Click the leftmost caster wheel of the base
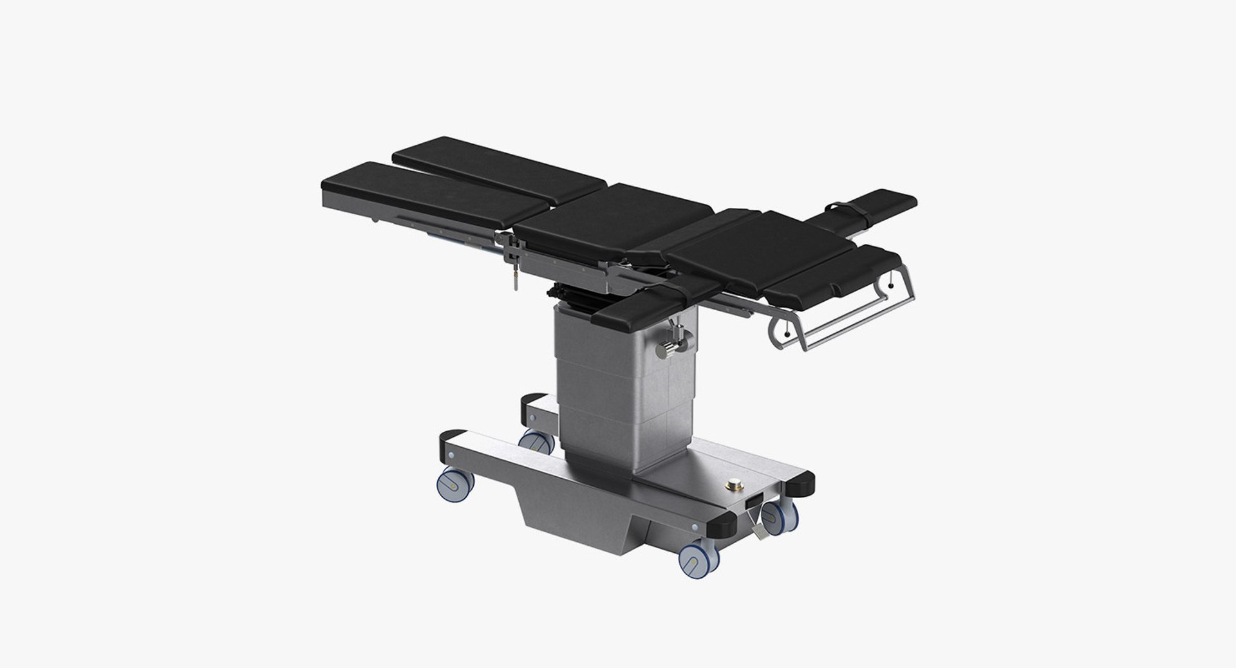coord(454,485)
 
